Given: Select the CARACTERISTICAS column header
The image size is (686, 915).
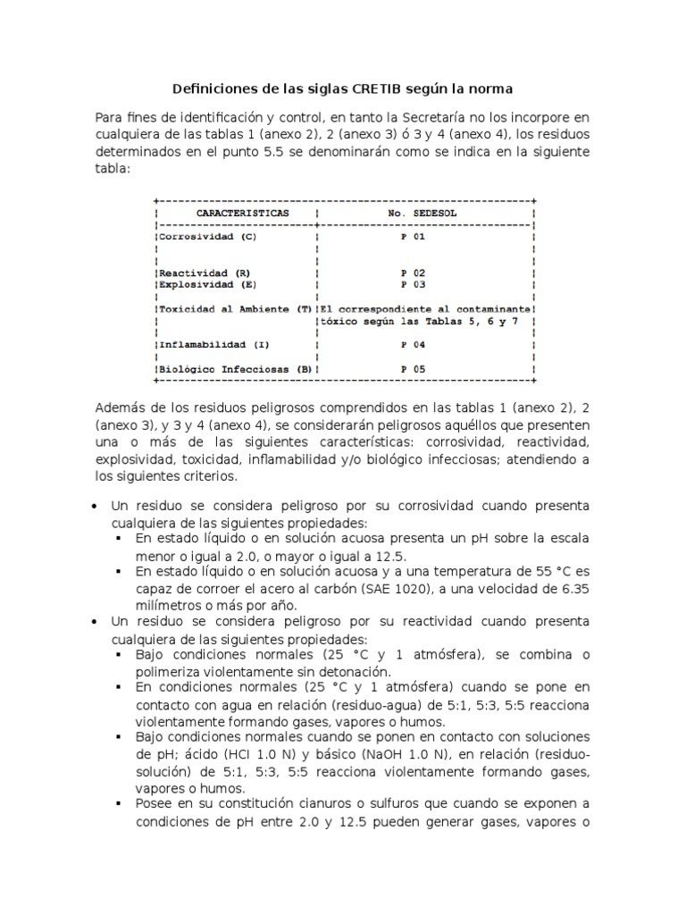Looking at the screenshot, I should point(242,214).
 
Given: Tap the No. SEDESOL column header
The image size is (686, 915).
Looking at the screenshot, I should point(422,214).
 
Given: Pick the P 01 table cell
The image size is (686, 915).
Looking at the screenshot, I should point(413,238).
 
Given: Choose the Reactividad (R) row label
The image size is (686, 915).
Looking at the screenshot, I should point(205,273).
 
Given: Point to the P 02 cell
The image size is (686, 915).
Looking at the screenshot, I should point(413,273).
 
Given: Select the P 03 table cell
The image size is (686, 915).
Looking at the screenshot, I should point(413,284).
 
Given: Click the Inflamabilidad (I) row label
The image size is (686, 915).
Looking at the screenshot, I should point(213,344).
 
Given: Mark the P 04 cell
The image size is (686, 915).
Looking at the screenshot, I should point(413,344).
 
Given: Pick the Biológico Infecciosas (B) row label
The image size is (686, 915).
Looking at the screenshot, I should point(235,367).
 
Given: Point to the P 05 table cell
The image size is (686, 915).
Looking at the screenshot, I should point(413,367).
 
